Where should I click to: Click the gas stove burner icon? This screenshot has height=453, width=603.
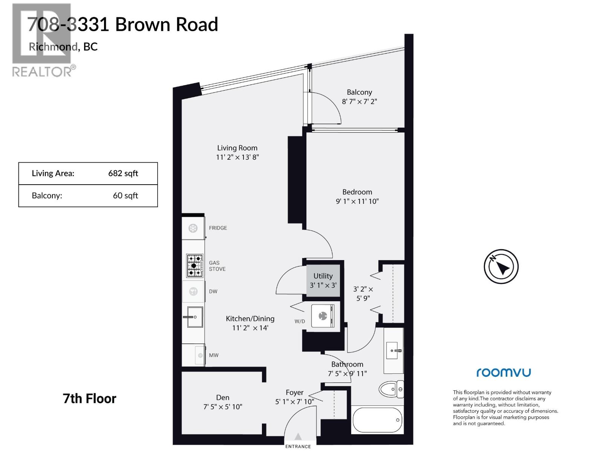pos(194,265)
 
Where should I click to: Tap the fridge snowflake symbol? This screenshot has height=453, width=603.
pos(193,228)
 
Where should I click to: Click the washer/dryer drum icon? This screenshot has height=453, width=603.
pos(323,316)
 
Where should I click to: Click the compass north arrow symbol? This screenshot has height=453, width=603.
pos(501,267)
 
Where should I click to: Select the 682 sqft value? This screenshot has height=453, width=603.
pos(123,173)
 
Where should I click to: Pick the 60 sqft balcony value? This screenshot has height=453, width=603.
pos(125,196)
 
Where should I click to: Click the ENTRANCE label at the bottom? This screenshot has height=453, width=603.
pos(298,447)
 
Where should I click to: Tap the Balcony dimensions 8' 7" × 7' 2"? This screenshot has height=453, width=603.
pos(359,102)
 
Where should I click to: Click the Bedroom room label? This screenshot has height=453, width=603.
pos(357,192)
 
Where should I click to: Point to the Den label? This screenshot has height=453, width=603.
pos(222,398)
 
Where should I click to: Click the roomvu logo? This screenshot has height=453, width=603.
pos(504,373)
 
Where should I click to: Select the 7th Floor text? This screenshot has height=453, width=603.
pos(89,399)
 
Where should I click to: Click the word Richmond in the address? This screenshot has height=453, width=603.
pos(53,46)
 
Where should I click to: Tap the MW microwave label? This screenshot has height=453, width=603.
pos(214,355)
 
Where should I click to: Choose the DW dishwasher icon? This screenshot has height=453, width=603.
pos(193,291)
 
